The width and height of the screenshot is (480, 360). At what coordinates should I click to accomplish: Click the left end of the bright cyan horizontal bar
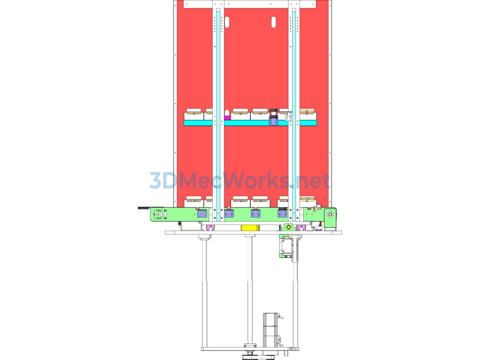[184, 123]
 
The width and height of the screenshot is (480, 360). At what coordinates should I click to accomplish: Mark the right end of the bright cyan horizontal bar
[316, 123]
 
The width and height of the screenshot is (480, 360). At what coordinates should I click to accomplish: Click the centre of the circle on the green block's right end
[330, 214]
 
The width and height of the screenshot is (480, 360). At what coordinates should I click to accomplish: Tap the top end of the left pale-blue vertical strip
[218, 9]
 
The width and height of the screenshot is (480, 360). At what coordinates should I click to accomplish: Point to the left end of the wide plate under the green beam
[165, 232]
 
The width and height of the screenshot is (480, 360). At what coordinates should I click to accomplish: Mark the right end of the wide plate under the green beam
[342, 232]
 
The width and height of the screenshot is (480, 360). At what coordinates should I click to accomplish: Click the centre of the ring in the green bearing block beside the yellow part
[288, 227]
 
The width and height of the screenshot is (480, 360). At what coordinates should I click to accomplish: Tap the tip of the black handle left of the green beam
[138, 208]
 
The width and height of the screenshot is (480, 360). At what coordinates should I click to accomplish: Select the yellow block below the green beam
[250, 228]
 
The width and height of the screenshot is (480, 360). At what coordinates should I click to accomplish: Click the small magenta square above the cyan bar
[227, 118]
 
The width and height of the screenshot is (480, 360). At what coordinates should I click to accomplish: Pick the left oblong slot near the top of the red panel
[227, 22]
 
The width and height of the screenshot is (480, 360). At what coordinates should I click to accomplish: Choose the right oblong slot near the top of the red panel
[273, 22]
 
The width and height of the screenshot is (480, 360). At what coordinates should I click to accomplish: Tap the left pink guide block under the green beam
[210, 227]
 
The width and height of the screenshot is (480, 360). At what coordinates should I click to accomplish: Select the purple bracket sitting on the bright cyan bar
[274, 121]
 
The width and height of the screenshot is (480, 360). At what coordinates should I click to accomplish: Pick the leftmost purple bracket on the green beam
[202, 213]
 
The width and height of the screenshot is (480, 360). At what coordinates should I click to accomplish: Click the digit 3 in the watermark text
[156, 180]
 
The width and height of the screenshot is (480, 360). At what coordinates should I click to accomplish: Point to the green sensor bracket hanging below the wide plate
[285, 247]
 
